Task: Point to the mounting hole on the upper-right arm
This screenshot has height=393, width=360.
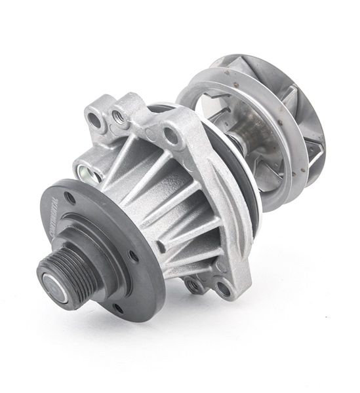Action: pos(172,136)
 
